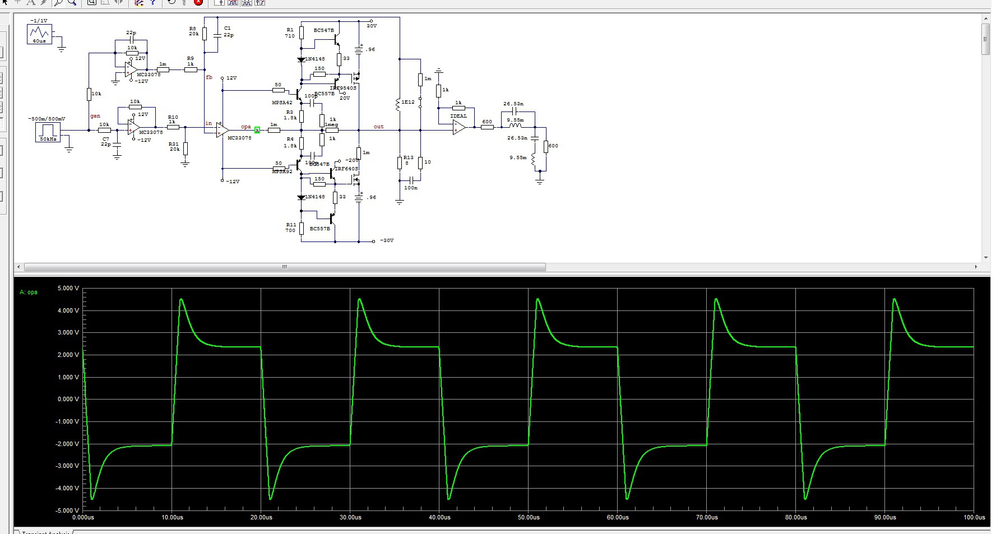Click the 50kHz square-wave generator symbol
click(x=48, y=131)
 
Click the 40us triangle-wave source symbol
click(x=39, y=34)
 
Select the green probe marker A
click(x=257, y=130)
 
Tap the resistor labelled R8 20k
click(x=205, y=34)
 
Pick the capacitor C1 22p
click(x=217, y=34)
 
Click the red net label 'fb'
click(x=209, y=77)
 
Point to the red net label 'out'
click(x=379, y=127)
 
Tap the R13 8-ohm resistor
click(x=400, y=162)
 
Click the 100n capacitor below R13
click(x=411, y=180)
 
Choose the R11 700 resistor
click(x=302, y=227)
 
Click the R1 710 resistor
click(x=302, y=32)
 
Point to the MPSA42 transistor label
click(x=282, y=103)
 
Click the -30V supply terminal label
click(x=387, y=240)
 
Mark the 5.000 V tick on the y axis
click(x=68, y=288)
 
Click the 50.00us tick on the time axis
click(x=529, y=517)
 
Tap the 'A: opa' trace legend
click(x=29, y=292)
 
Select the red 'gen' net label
click(x=95, y=116)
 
